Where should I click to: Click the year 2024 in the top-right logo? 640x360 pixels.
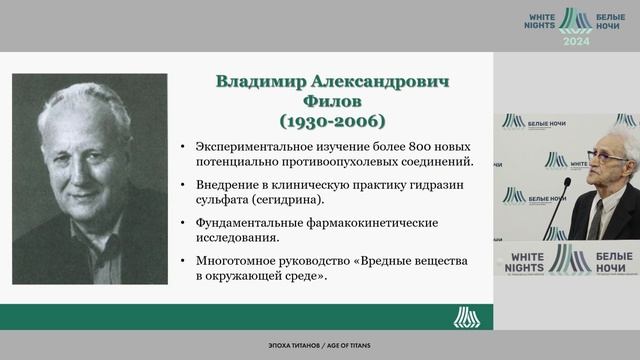pos(576,41)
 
